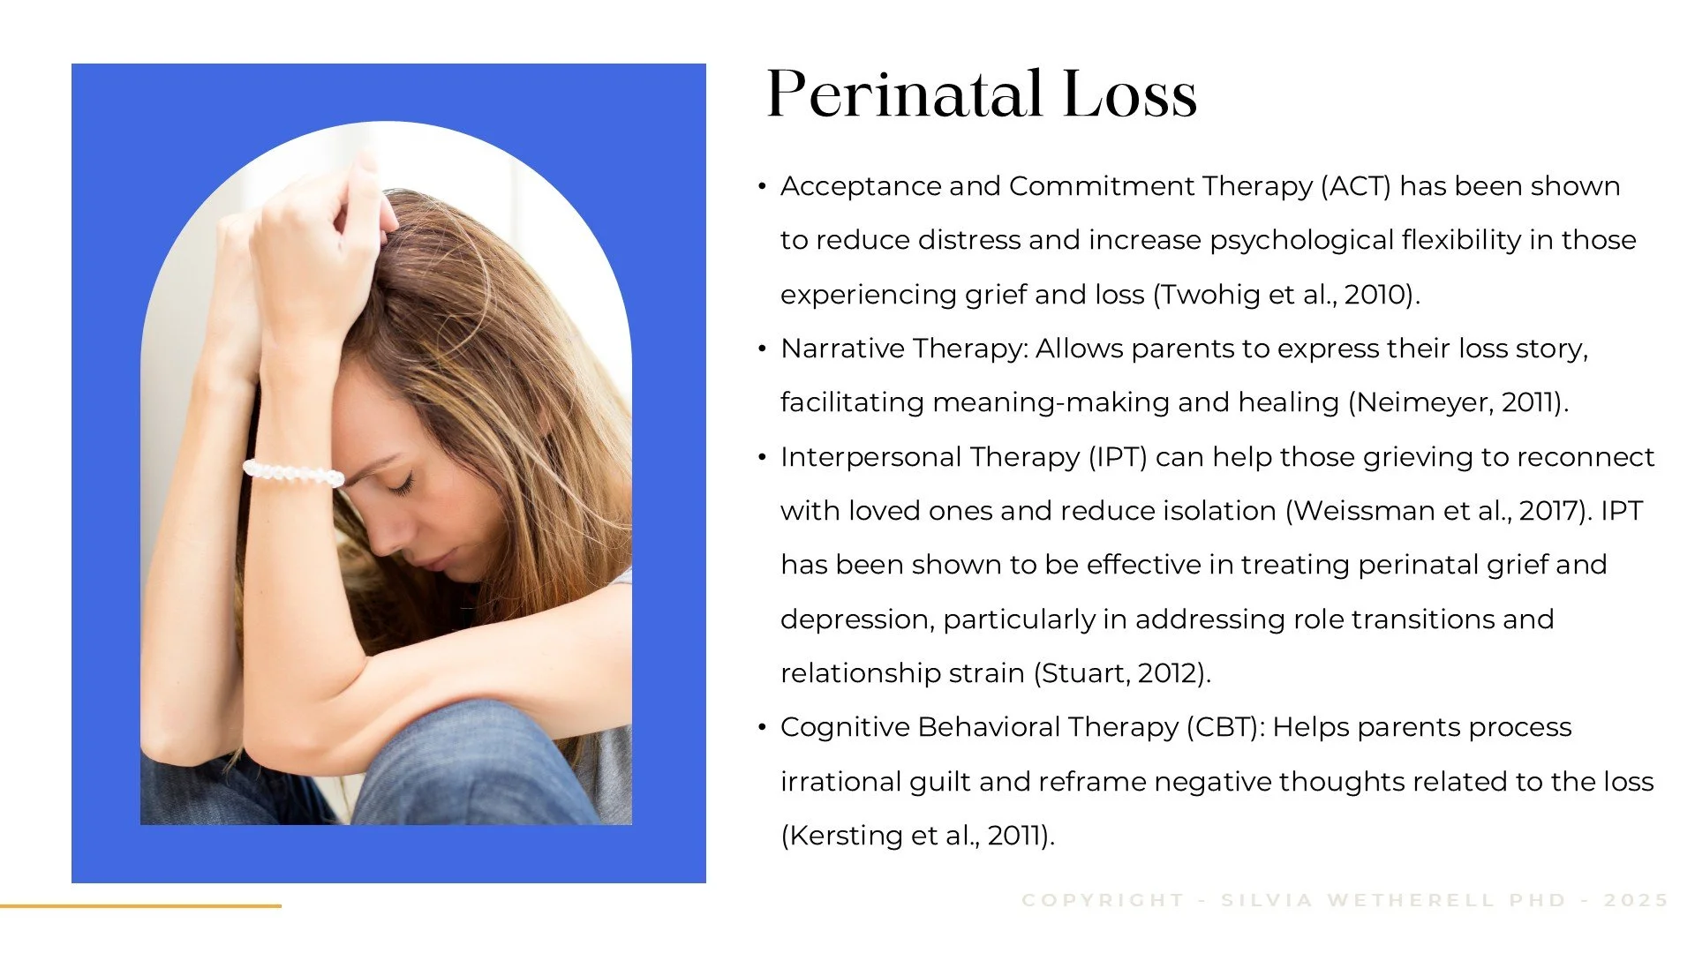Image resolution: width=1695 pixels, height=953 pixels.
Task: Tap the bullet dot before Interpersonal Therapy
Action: [x=762, y=458]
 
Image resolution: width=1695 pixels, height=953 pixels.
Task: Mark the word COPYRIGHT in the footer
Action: [x=1103, y=900]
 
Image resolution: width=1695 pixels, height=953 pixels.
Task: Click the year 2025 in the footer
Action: [x=1636, y=900]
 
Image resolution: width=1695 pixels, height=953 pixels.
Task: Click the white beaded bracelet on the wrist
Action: [x=293, y=473]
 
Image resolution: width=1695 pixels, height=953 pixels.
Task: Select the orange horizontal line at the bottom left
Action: [x=140, y=905]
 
